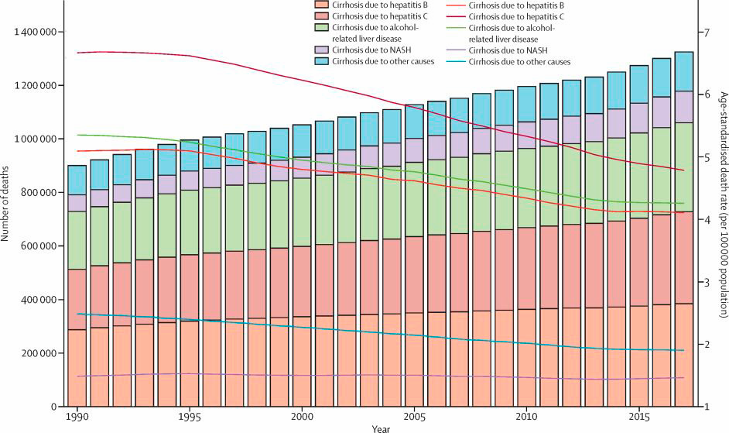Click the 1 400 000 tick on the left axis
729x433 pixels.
(x=33, y=32)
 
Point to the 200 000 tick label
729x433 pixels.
(x=36, y=353)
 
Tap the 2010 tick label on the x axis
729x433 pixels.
(x=526, y=417)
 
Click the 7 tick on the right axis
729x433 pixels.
(x=703, y=32)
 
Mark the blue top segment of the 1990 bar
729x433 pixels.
(x=77, y=180)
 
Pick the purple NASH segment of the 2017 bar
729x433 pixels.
(x=684, y=107)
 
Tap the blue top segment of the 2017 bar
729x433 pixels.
(x=684, y=71)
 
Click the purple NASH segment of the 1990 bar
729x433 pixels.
(x=77, y=203)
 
